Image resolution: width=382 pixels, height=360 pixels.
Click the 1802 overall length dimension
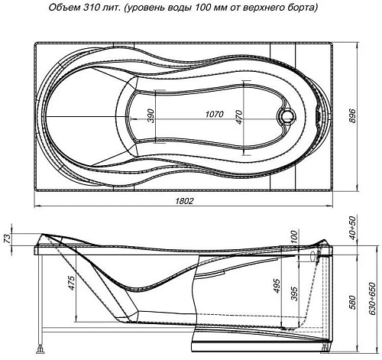[x=184, y=201]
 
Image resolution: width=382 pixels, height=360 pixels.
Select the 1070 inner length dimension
[x=215, y=115]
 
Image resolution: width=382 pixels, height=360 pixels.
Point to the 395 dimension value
[x=293, y=294]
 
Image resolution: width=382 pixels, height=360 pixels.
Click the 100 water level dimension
[x=293, y=238]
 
